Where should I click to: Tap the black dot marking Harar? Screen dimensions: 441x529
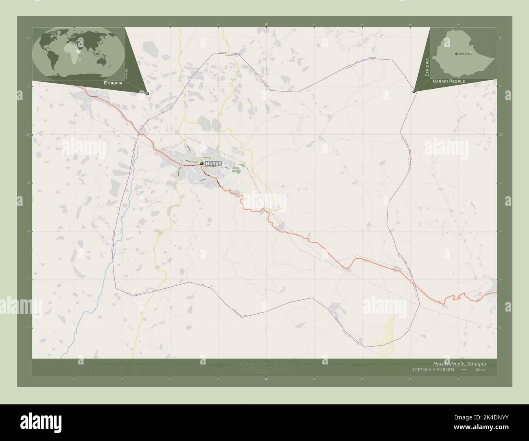(202, 164)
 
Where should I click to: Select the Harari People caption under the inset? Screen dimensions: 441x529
(449, 81)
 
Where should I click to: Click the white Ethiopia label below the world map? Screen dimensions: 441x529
(113, 83)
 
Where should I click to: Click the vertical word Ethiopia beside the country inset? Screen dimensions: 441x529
(427, 68)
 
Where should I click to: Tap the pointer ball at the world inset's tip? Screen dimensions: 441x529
(147, 94)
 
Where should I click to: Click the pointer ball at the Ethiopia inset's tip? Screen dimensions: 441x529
(414, 92)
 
